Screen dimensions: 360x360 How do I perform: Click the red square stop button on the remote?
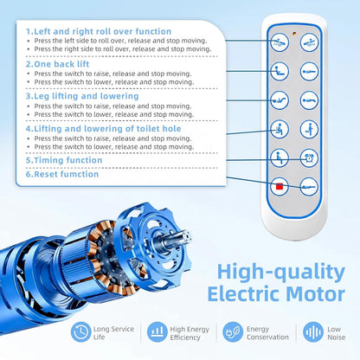click(280, 187)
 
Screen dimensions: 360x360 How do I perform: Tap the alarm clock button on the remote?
click(309, 158)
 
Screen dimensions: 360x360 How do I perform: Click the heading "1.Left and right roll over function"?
click(99, 31)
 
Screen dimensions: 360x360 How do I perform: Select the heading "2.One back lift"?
click(57, 64)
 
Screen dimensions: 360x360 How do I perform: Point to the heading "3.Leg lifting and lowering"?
click(82, 96)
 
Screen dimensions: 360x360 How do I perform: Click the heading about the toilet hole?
click(104, 129)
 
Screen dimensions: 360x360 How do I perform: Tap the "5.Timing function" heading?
click(64, 160)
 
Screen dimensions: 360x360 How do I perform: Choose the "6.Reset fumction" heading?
click(62, 174)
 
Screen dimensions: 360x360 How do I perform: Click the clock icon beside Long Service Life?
click(81, 332)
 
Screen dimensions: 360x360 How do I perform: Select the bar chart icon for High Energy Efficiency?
click(157, 332)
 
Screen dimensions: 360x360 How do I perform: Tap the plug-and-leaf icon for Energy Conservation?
click(233, 332)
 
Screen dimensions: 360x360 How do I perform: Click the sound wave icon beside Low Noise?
click(313, 332)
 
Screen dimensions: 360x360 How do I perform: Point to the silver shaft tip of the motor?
click(187, 236)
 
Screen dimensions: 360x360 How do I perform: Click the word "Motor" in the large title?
click(316, 294)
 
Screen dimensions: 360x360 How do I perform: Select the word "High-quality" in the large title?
click(281, 273)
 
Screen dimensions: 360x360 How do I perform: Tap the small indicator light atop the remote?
click(294, 34)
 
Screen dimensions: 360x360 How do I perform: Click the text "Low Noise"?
click(336, 333)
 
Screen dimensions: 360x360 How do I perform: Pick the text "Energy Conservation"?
click(267, 333)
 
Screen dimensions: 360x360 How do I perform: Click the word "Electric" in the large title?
click(244, 294)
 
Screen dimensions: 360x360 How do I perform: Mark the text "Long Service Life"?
click(113, 333)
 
